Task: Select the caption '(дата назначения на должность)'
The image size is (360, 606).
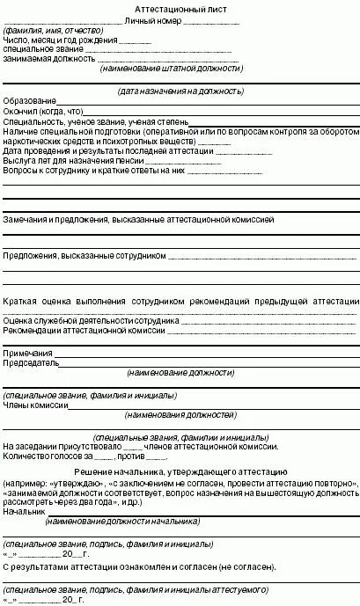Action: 180,91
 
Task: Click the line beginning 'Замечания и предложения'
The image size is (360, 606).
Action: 138,216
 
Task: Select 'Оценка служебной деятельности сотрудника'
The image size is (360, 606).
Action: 92,322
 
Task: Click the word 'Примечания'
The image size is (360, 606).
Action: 28,352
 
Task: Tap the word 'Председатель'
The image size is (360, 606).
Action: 31,362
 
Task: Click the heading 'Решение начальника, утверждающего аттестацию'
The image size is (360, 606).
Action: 180,474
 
